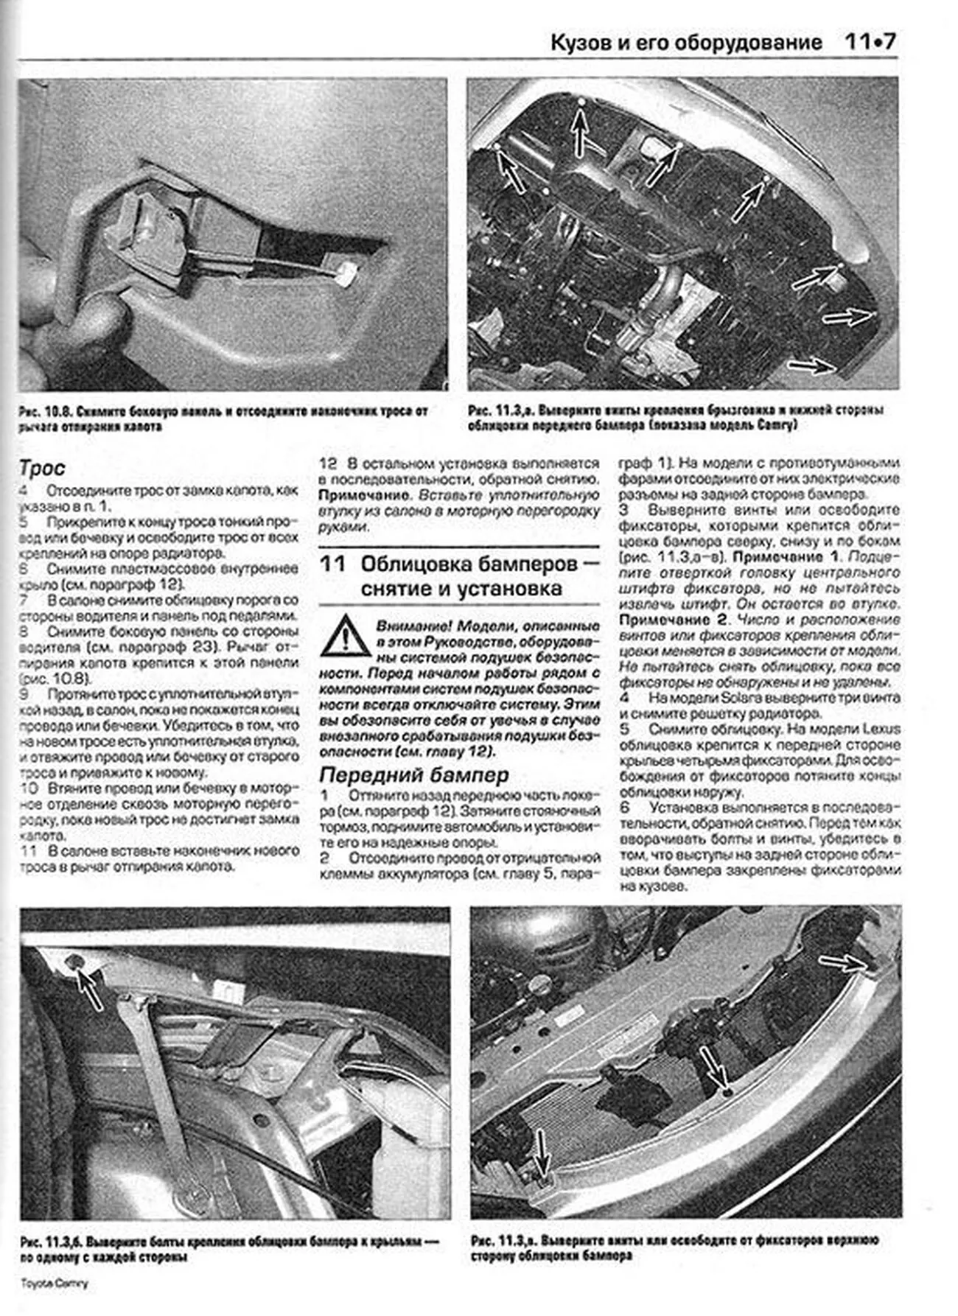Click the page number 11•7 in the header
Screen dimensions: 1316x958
coord(870,42)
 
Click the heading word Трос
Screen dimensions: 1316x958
coord(42,468)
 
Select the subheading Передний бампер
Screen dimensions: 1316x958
coord(413,774)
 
